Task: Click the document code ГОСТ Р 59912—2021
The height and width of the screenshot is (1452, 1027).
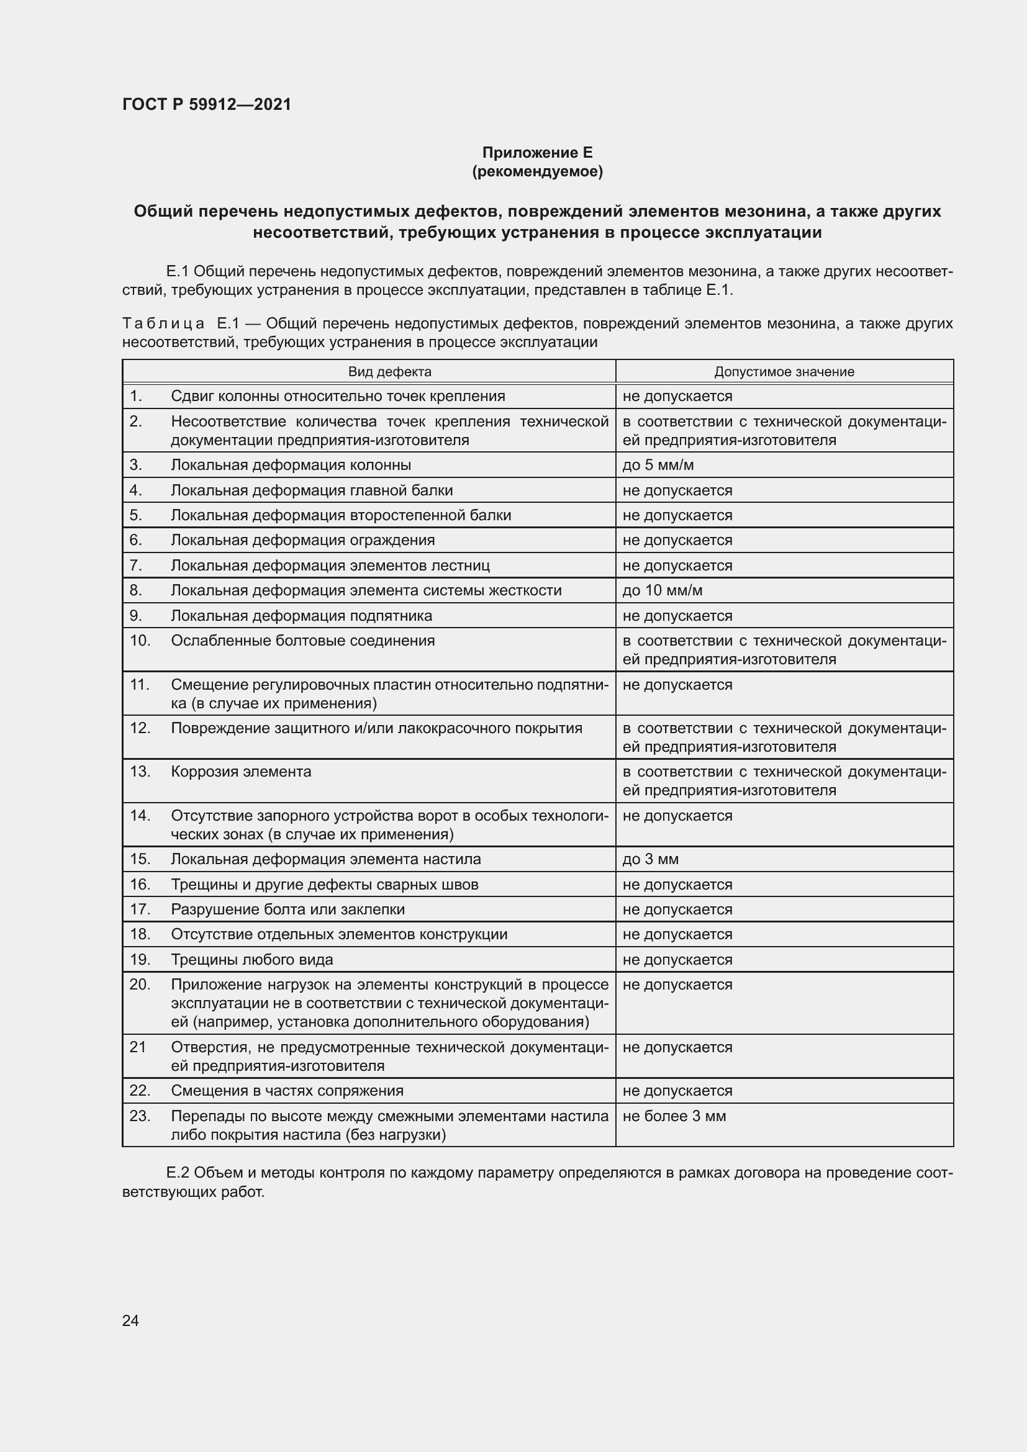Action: click(x=207, y=104)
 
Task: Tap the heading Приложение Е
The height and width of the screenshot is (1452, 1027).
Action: click(x=537, y=153)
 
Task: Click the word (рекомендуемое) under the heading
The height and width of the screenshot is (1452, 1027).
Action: click(x=537, y=171)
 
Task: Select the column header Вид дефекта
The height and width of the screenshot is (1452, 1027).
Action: click(x=389, y=372)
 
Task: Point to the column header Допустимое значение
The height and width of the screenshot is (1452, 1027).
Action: click(x=784, y=372)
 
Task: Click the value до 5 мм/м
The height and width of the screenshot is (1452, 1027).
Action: click(x=658, y=466)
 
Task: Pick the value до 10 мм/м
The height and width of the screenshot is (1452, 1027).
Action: click(x=662, y=590)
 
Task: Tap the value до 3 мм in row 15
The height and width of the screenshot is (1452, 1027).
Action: click(x=650, y=859)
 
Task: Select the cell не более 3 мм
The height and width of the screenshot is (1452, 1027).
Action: click(x=674, y=1116)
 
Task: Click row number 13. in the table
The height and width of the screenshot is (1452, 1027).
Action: click(x=140, y=772)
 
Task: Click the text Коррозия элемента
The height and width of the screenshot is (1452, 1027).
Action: click(x=241, y=772)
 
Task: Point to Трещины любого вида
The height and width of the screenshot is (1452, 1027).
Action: click(x=251, y=959)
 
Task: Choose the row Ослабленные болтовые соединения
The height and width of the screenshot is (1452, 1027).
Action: click(x=303, y=641)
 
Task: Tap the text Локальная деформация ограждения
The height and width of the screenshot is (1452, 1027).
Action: click(x=303, y=540)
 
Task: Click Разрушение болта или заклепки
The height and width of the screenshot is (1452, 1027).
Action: click(x=287, y=909)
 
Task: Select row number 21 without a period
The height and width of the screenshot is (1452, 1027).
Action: click(x=138, y=1047)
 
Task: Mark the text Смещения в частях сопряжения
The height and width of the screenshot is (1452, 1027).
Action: click(x=287, y=1091)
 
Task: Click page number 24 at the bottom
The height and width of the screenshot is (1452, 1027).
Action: click(x=130, y=1320)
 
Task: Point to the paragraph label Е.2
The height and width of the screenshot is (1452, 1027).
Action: click(x=177, y=1173)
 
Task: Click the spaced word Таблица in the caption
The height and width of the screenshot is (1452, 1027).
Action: click(x=163, y=324)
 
